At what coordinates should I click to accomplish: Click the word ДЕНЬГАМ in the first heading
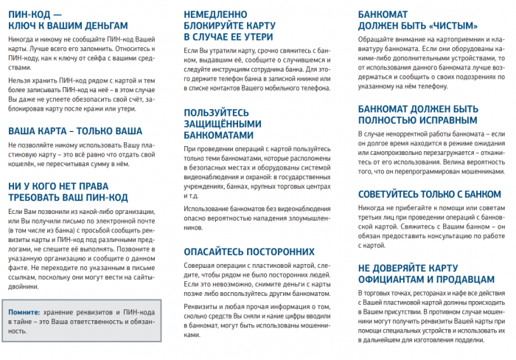click(x=100, y=25)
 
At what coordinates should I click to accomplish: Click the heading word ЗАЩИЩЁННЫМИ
click(x=224, y=123)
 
